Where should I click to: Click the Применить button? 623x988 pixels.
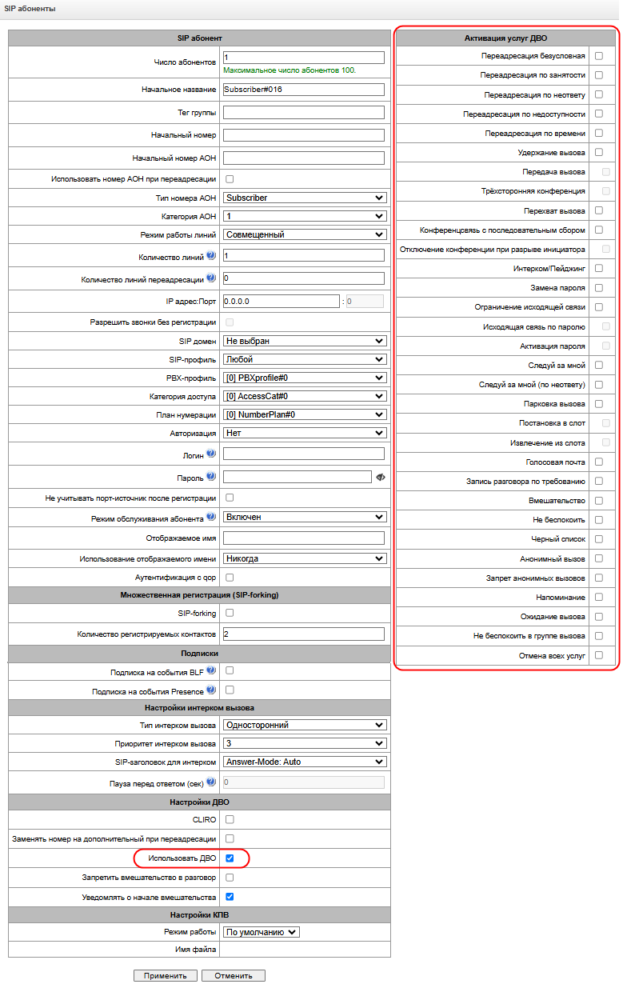coord(166,975)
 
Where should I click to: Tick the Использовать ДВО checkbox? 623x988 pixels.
coord(230,858)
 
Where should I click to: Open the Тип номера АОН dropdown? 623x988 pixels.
coord(304,198)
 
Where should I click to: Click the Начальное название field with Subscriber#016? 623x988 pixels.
coord(304,90)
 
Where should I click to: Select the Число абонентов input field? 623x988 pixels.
coord(304,58)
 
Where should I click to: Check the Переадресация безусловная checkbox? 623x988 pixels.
coord(599,56)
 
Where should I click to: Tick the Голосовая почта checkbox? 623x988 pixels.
coord(599,462)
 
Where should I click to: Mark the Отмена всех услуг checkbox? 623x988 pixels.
coord(599,655)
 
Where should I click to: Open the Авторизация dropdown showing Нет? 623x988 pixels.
coord(304,433)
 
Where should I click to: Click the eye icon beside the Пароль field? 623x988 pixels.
coord(380,477)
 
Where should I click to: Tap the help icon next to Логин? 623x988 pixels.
coord(211,453)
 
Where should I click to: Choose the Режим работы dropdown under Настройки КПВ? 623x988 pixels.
coord(262,932)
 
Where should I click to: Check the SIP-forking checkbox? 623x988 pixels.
coord(230,613)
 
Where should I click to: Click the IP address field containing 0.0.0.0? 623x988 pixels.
coord(282,302)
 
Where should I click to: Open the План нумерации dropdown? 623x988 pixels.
coord(304,414)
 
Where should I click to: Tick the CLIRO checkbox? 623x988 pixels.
coord(230,819)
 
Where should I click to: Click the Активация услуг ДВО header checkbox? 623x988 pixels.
coord(599,37)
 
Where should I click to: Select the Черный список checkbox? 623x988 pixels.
coord(599,539)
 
